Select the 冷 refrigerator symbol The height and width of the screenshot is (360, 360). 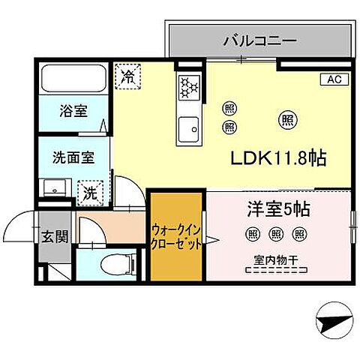(x=127, y=75)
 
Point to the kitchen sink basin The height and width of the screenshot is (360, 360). (x=188, y=128)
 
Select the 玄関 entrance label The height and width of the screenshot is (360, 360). (x=54, y=238)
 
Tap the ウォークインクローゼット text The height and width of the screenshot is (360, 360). (x=175, y=238)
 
